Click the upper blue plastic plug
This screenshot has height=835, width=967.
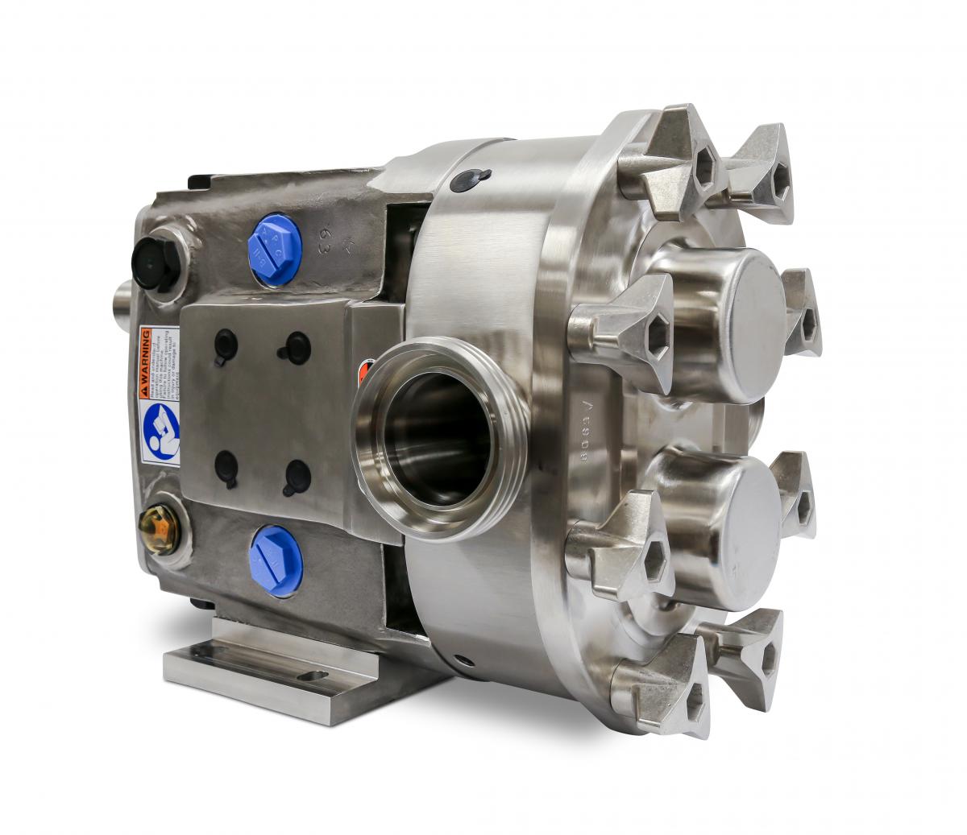(275, 249)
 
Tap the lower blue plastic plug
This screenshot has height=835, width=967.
(276, 560)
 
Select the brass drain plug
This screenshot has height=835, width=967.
(160, 527)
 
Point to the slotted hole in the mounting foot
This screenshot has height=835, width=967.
(312, 676)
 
